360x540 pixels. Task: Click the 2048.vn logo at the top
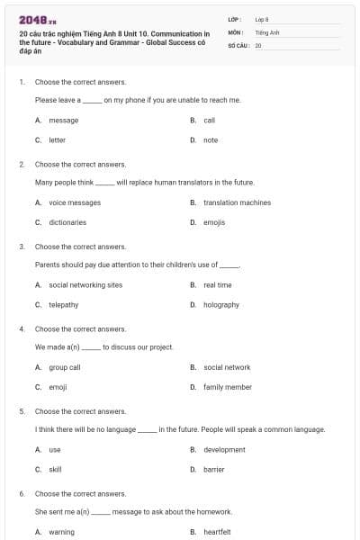[37, 19]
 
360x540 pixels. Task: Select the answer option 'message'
[63, 120]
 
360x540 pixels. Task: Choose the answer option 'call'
[209, 120]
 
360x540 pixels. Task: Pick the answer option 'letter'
[57, 140]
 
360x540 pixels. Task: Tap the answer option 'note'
[211, 140]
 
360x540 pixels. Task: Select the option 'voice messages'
[75, 202]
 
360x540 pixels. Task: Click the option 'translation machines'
[237, 202]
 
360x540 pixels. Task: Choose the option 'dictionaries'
[67, 222]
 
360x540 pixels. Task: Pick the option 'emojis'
[214, 222]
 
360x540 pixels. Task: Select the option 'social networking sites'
[85, 285]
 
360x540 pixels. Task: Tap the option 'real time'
[217, 285]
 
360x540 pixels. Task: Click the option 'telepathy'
[63, 305]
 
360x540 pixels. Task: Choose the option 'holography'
[221, 305]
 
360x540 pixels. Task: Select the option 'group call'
[65, 367]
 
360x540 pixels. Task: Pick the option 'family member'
[228, 387]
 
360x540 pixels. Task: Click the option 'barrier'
[214, 470]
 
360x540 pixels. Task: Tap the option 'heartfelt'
[217, 532]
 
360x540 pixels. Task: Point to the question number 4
[22, 329]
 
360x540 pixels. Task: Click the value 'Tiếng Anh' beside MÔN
[267, 31]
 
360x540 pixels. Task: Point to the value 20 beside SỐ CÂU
[258, 45]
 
